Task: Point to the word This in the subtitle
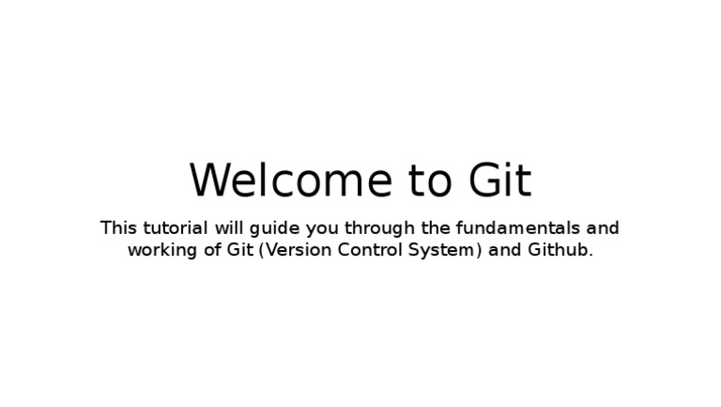point(118,227)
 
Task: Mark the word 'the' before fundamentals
point(431,227)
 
